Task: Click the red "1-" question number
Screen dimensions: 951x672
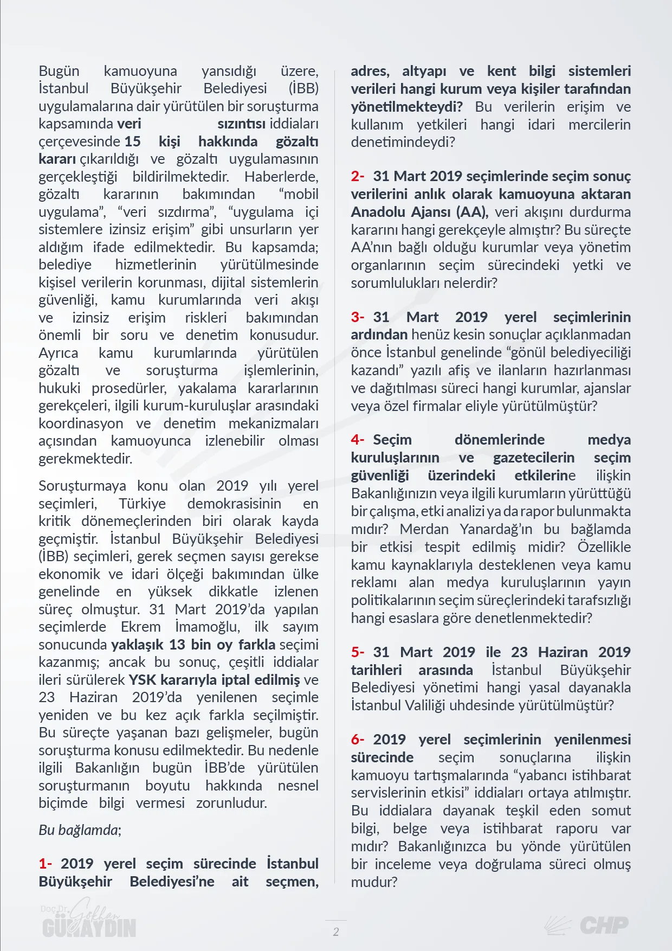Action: tap(46, 864)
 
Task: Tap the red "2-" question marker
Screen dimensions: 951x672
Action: tap(358, 176)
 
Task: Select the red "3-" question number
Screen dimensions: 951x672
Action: tap(358, 317)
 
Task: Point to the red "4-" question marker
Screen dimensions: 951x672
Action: tap(358, 440)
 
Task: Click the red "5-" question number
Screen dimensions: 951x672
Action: tap(358, 652)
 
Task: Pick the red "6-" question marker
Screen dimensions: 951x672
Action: tap(358, 740)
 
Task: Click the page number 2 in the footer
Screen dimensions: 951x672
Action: tap(336, 931)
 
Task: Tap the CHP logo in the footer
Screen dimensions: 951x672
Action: tap(587, 925)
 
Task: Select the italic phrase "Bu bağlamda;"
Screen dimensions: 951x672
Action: tap(80, 830)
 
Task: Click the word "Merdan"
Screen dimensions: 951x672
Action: tap(424, 529)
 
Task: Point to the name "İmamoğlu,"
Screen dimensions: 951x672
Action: tap(207, 627)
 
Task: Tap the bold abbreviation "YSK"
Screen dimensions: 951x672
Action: tap(142, 680)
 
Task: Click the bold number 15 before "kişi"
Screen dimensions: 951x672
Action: tap(133, 142)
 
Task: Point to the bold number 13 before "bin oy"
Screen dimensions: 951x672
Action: tap(177, 645)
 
